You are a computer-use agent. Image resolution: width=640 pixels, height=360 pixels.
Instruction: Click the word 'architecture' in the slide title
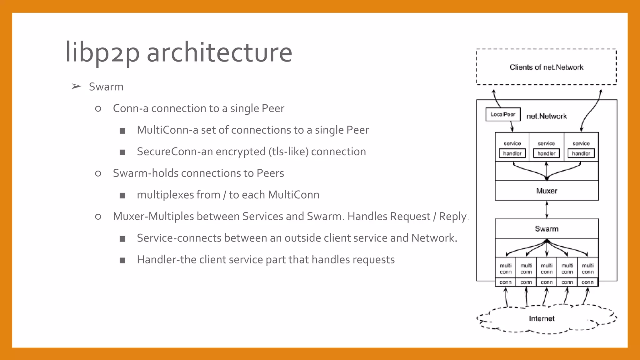click(x=219, y=52)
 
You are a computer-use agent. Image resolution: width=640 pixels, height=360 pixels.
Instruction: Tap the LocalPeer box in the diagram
click(x=503, y=114)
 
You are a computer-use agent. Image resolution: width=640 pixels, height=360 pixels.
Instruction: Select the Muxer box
click(x=547, y=191)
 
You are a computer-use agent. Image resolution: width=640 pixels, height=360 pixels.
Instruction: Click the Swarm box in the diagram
click(x=547, y=229)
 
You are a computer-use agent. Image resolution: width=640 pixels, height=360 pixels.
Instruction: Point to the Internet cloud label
click(x=542, y=318)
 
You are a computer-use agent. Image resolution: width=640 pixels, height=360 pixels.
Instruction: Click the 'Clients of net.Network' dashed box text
click(x=546, y=67)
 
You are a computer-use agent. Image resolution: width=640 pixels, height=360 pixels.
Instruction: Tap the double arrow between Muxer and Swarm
click(x=547, y=209)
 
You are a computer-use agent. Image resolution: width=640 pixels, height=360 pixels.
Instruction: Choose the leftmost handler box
click(x=512, y=153)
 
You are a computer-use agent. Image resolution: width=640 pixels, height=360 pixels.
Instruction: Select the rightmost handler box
click(x=581, y=153)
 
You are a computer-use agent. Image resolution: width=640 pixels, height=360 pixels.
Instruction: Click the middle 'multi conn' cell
click(x=547, y=269)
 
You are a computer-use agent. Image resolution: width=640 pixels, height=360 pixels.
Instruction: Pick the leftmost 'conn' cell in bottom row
click(x=505, y=282)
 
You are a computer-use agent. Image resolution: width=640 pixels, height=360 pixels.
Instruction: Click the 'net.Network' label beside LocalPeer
click(x=546, y=116)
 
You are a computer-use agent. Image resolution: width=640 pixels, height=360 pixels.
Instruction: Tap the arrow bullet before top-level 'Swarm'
click(x=76, y=87)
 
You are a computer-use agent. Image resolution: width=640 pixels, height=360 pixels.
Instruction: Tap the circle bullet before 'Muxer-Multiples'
click(x=98, y=217)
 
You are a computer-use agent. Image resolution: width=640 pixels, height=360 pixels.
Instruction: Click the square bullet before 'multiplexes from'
click(x=122, y=196)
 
